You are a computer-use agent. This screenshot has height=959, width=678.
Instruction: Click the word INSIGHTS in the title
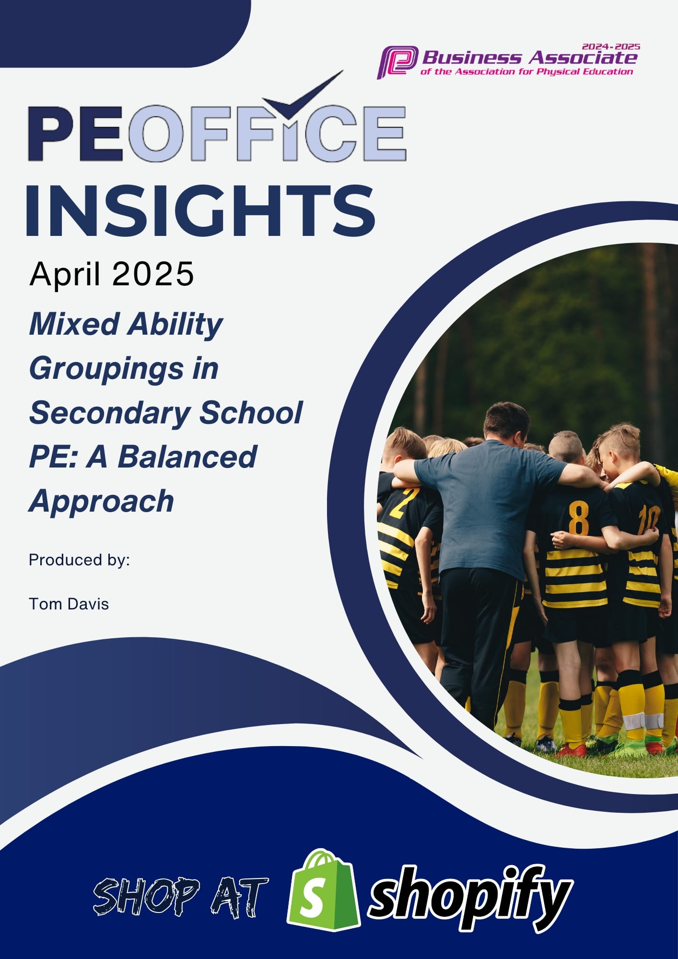coord(200,211)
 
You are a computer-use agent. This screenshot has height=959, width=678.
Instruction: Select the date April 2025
coord(112,274)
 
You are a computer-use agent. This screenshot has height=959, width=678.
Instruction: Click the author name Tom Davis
coord(69,604)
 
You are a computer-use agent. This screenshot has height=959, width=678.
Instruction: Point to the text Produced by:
coord(79,560)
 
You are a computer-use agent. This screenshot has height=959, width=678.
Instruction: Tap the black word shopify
coord(470,897)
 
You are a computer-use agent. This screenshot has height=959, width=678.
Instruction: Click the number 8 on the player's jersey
coord(579,518)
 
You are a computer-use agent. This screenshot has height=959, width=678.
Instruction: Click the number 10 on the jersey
coord(648,520)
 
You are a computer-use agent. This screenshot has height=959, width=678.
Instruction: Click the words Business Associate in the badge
coord(529,58)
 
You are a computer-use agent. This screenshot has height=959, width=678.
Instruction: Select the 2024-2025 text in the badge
coord(611,47)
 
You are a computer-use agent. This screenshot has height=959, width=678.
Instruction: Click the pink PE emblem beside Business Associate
coord(397,62)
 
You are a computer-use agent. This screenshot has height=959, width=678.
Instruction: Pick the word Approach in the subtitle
coord(101,501)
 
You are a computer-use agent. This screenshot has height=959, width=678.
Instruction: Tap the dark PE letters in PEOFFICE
coord(76,133)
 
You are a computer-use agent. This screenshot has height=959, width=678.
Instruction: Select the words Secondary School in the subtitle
coord(166,412)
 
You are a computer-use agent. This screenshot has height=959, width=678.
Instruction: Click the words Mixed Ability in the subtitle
coord(126,324)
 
